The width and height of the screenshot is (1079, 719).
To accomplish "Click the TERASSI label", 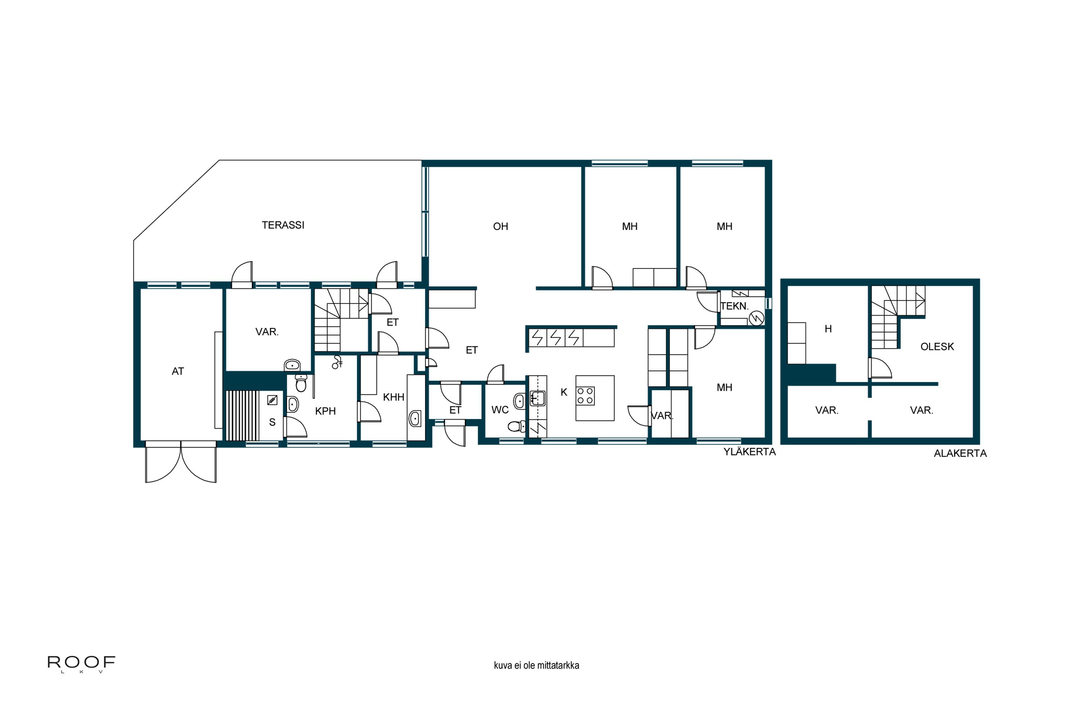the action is [283, 225].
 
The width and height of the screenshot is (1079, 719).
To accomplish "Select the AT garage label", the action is [178, 371].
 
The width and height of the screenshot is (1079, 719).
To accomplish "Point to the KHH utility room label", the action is [393, 397].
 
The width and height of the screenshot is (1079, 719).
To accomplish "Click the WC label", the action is [500, 410].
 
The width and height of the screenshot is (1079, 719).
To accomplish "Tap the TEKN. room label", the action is [734, 306].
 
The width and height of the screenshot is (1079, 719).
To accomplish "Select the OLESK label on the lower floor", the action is [937, 347].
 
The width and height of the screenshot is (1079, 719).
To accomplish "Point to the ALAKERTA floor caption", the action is [960, 453].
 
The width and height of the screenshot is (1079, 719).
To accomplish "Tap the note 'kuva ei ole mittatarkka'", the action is [536, 665].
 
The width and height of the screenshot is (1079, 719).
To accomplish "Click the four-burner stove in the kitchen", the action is [586, 396].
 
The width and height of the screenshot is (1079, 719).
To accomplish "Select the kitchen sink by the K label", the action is [538, 398].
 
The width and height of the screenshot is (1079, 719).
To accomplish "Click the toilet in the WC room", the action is [517, 426].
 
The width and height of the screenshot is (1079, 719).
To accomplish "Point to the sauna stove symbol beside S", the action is [273, 400].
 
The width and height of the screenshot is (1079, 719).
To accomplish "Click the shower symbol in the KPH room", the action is [337, 362].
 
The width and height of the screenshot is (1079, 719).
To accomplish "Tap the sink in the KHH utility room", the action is [415, 418].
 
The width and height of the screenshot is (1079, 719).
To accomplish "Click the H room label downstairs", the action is [828, 329].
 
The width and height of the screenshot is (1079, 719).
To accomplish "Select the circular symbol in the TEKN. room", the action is [756, 317].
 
